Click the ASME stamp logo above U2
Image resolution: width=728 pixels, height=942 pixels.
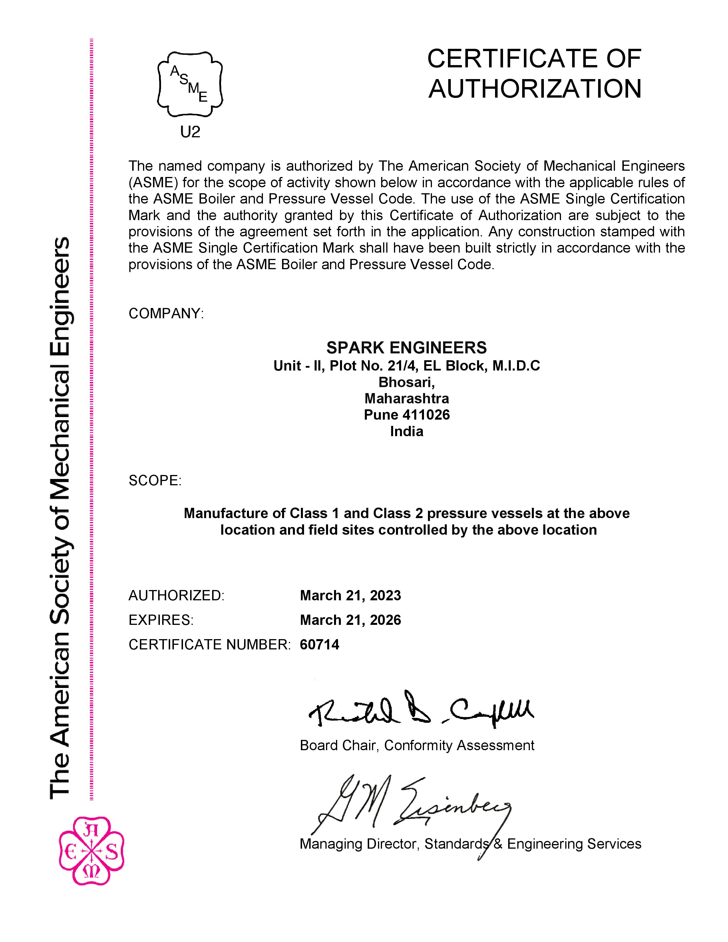pyautogui.click(x=190, y=84)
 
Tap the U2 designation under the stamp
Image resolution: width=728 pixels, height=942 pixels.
pyautogui.click(x=190, y=132)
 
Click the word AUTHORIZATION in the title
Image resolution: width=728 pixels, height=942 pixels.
pyautogui.click(x=535, y=89)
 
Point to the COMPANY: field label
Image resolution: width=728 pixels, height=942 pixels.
pyautogui.click(x=166, y=313)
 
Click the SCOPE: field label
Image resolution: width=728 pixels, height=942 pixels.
pyautogui.click(x=155, y=480)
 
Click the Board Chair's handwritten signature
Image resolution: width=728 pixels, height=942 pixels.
pyautogui.click(x=421, y=711)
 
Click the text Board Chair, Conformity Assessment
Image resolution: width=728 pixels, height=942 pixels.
pyautogui.click(x=417, y=745)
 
